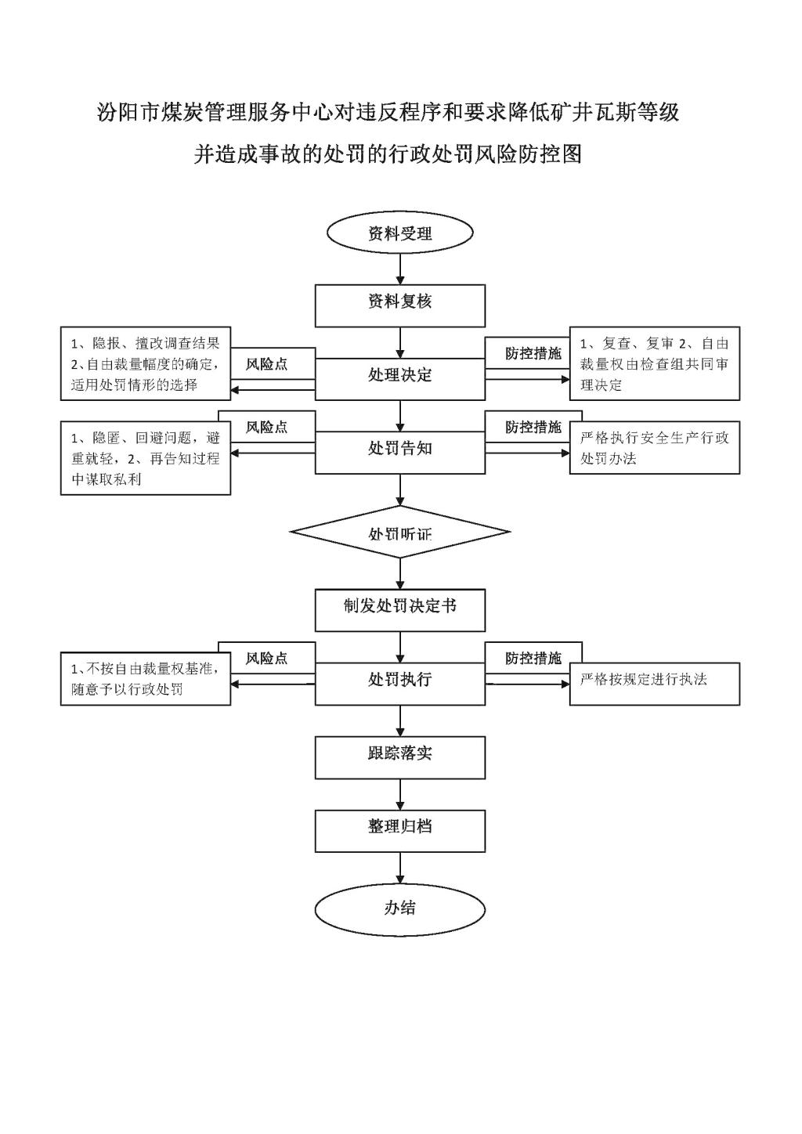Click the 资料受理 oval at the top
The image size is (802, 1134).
tap(400, 233)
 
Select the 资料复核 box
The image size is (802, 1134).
tap(400, 305)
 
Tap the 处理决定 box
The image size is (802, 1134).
tap(400, 379)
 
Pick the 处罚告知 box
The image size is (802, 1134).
tap(400, 452)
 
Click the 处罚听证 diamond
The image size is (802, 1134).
tap(400, 532)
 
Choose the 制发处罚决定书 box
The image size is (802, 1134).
tap(400, 610)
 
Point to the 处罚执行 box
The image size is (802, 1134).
tap(400, 684)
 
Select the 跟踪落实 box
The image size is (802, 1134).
tap(400, 757)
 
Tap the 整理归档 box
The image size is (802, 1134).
tap(400, 831)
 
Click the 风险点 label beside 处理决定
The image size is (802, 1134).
tap(267, 364)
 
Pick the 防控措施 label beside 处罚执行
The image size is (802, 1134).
tap(533, 658)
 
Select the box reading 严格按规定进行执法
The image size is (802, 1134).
tap(655, 684)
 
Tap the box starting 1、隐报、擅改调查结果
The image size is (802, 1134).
tap(146, 363)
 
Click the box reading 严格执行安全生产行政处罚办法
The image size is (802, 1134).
tap(655, 447)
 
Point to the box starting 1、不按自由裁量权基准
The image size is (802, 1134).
tap(146, 678)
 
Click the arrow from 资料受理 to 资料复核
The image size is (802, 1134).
tap(400, 269)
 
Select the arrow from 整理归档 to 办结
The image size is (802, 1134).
tap(400, 869)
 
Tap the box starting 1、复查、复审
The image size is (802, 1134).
tap(655, 363)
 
